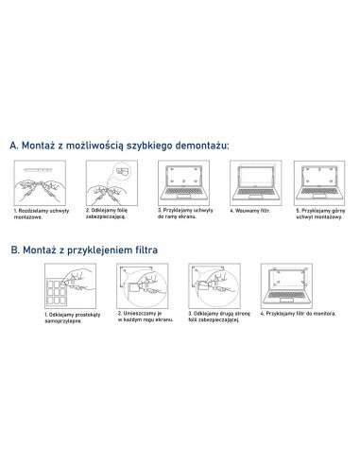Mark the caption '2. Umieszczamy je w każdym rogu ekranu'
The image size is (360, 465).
coord(142,319)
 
